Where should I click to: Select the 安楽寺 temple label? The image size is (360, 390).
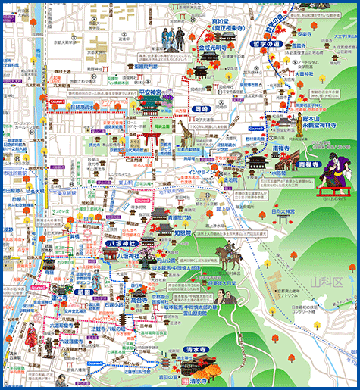tap(305, 34)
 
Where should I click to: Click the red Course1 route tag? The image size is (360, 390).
tap(58, 101)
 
